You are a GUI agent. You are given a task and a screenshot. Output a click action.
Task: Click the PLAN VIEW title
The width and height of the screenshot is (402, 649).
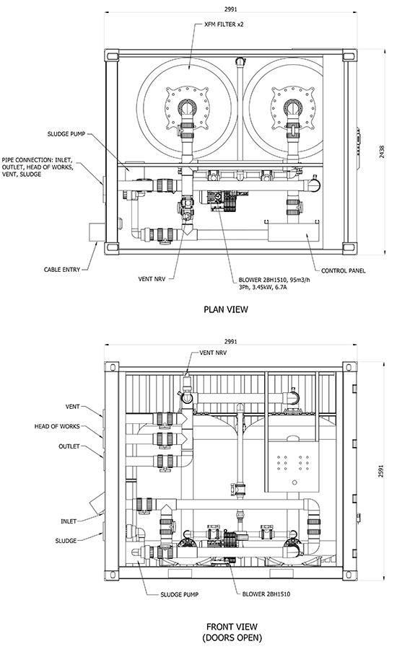coord(226,309)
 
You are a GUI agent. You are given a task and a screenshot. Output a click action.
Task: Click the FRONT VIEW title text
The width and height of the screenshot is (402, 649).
coord(232,627)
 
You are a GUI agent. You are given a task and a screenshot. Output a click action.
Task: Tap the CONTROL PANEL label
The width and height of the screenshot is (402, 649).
coord(343,270)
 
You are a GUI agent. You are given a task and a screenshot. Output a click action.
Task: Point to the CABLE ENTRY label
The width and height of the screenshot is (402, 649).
coord(62,270)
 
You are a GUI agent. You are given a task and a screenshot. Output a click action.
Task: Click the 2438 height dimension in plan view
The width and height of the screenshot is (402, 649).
coord(382,151)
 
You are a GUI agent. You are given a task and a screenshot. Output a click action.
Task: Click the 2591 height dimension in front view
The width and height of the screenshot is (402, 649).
coord(381,472)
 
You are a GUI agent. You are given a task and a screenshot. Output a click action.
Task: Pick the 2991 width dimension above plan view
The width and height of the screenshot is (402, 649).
coord(230,9)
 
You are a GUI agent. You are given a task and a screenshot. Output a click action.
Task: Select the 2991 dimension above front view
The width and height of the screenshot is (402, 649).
coord(230,342)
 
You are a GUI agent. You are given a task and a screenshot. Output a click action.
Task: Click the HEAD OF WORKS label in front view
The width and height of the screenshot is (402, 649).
coord(57,426)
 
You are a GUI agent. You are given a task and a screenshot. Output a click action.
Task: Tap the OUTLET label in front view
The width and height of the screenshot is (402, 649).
coord(69,446)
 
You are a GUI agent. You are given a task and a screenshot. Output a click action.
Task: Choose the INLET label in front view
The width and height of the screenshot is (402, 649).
coord(69,521)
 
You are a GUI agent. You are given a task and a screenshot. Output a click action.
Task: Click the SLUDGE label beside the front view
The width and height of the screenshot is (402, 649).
coord(66,541)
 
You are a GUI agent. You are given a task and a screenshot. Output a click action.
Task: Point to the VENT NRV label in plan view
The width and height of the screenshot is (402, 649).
coord(152,279)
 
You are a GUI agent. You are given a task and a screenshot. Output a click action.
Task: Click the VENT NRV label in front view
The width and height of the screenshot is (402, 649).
coord(213,353)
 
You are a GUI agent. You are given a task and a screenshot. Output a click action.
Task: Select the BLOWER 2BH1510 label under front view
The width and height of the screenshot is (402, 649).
coord(266,594)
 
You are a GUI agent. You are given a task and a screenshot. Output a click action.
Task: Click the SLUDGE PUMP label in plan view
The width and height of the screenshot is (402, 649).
coord(66,134)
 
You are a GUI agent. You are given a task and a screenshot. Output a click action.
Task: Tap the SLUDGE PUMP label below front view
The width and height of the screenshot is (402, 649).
coord(180,594)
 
